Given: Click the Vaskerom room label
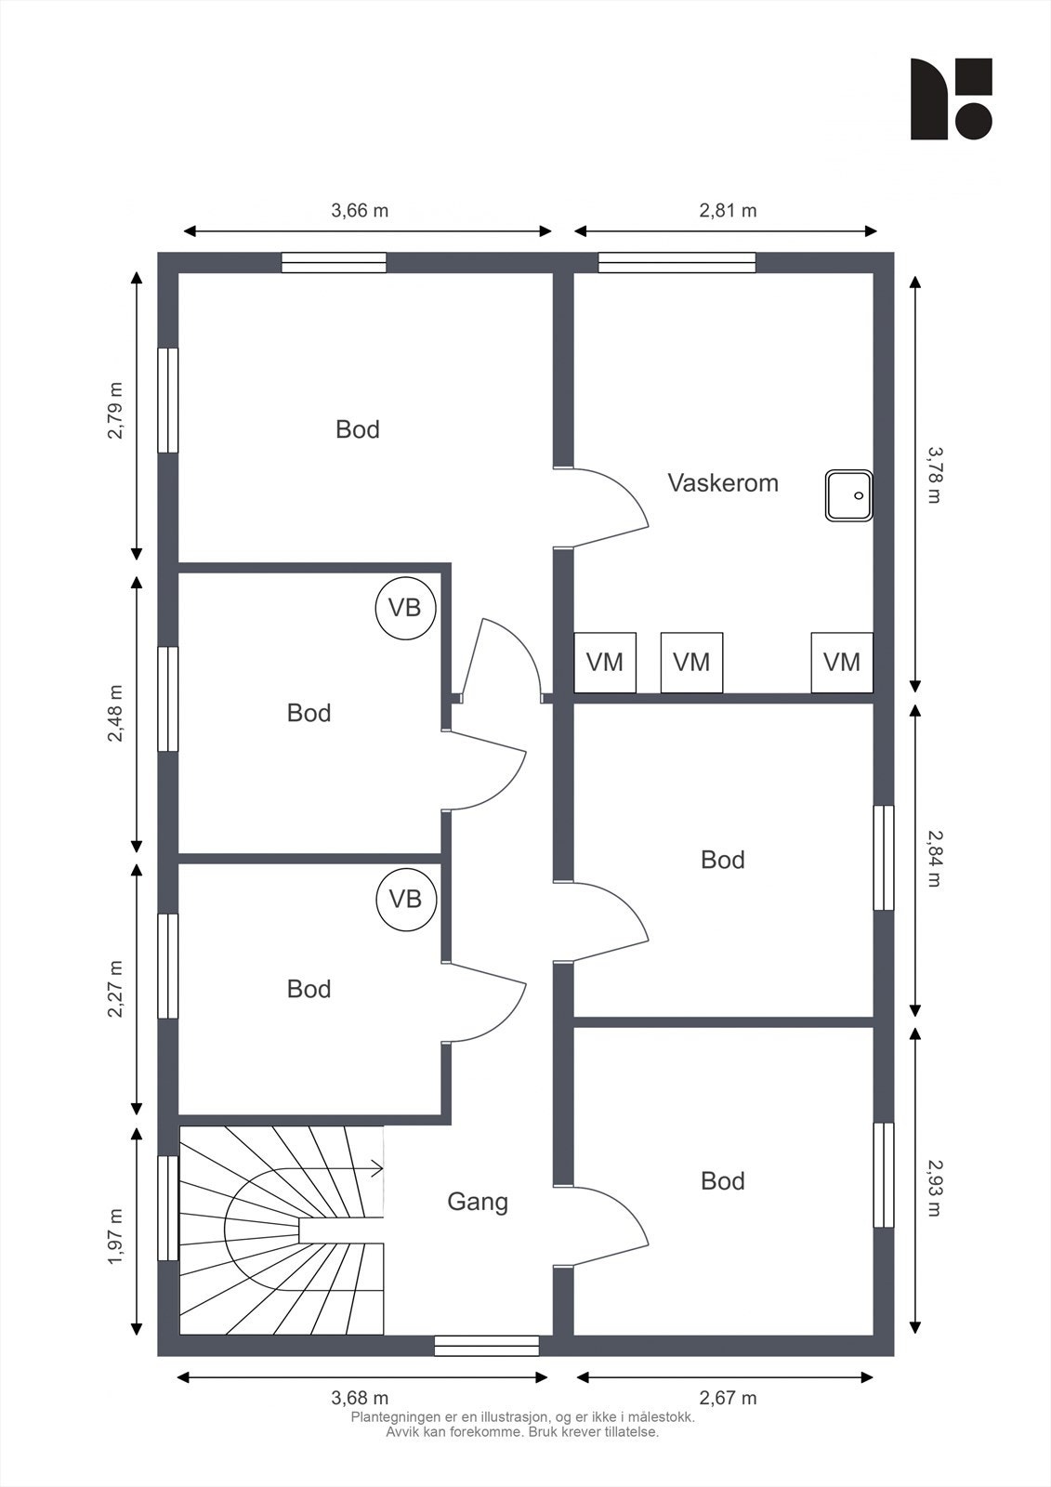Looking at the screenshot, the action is tap(722, 482).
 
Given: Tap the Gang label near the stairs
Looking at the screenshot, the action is tap(478, 1202).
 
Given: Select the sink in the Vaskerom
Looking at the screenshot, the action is tap(849, 495).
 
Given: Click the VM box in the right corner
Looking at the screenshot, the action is tap(842, 663).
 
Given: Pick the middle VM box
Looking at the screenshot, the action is tap(691, 663).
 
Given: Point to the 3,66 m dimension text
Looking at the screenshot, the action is tap(360, 210).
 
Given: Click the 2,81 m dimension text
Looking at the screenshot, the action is tap(728, 210).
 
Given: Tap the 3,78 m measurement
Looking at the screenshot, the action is tap(934, 475).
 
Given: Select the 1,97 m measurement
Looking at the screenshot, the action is tap(115, 1237).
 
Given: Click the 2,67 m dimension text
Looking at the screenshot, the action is tap(728, 1398).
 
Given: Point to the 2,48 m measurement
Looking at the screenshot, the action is tap(115, 715).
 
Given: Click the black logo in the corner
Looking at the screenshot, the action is tap(951, 99).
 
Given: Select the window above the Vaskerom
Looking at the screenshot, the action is tap(677, 262).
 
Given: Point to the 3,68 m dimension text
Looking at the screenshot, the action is tap(360, 1398).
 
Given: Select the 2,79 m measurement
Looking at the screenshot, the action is tap(115, 410).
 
